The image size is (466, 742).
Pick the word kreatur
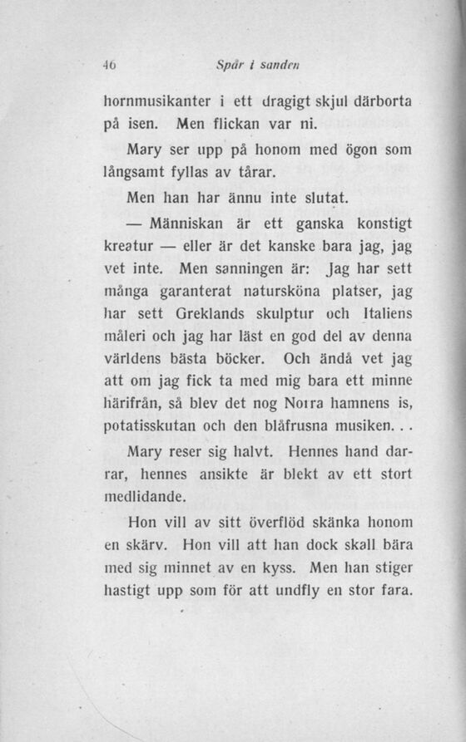[x=128, y=248]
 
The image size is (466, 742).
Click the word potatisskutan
[x=152, y=430]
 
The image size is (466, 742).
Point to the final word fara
[x=394, y=593]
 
